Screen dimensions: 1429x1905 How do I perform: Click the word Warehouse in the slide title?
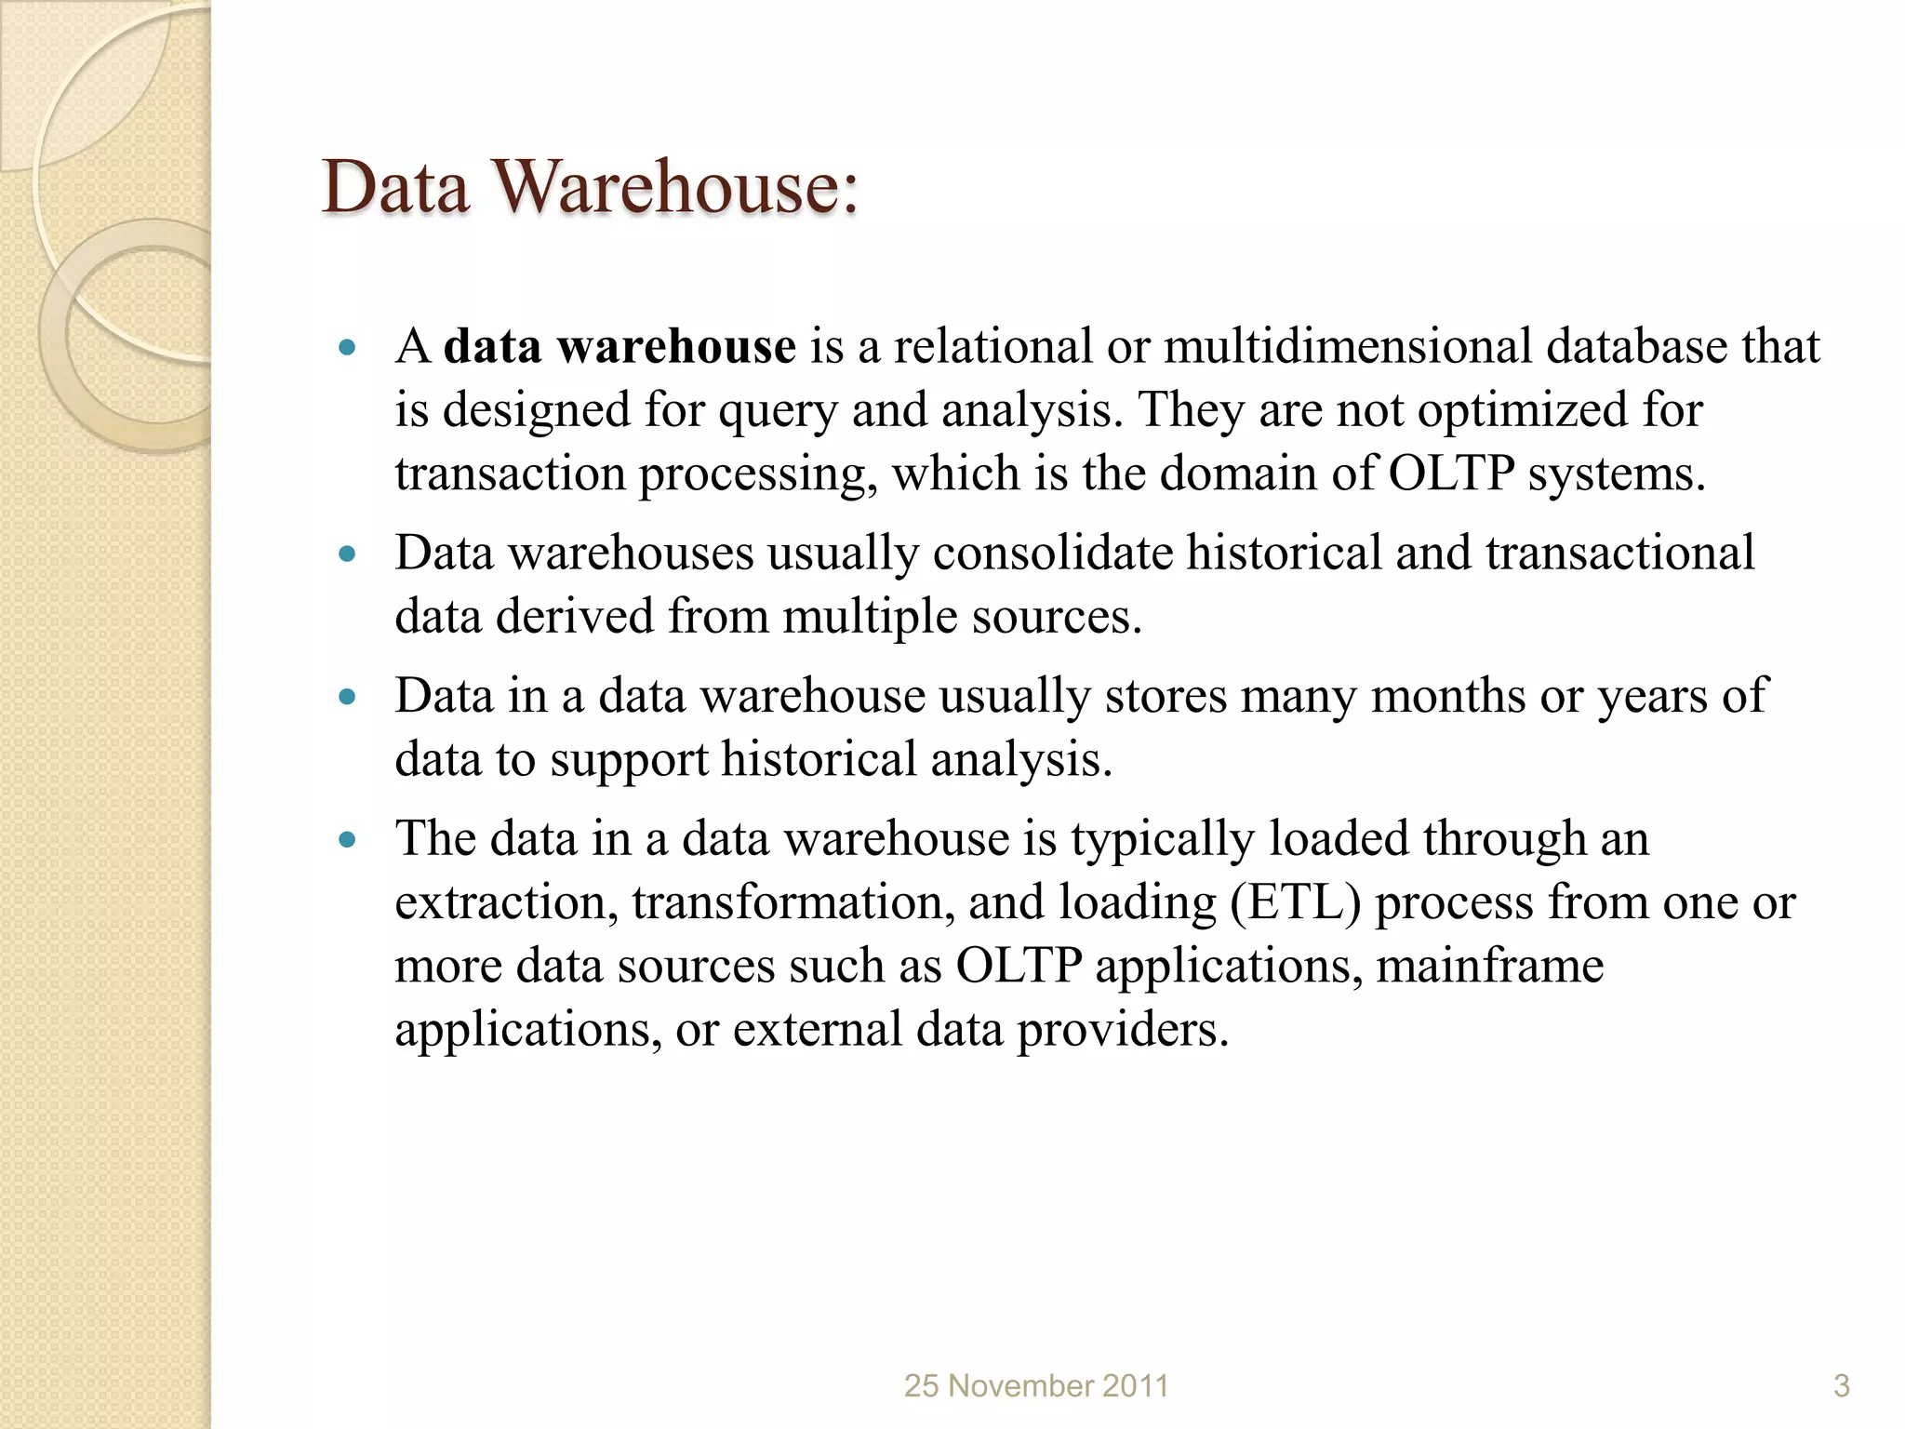676,187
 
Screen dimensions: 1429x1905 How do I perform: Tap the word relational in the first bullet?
993,346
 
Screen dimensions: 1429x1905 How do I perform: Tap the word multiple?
870,617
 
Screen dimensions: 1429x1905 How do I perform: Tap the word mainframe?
1490,966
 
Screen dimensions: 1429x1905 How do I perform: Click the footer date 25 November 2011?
1036,1386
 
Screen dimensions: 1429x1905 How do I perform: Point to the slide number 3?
1841,1386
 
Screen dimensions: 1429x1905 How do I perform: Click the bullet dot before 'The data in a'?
348,840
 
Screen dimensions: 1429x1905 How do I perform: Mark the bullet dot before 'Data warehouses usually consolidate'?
348,554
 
